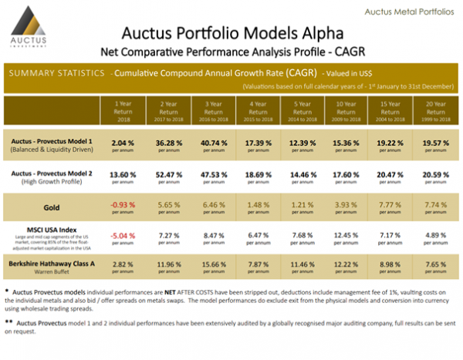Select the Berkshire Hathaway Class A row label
point(50,264)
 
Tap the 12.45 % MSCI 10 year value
point(343,233)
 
